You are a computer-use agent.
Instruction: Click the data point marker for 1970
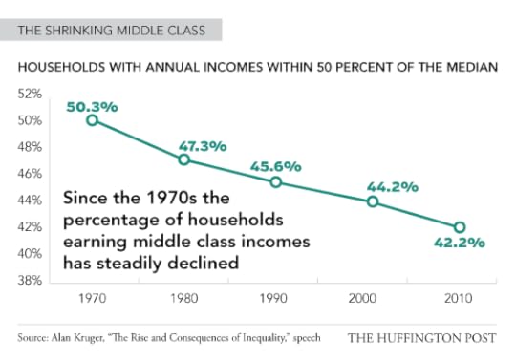tap(93, 120)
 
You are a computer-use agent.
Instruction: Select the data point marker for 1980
tap(184, 159)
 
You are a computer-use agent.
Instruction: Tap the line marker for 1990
tap(276, 182)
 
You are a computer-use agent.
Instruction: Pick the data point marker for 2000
tap(373, 201)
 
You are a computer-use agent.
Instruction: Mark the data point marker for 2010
tap(460, 227)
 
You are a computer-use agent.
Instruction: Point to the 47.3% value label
tap(202, 146)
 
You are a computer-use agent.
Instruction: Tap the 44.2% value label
tap(393, 186)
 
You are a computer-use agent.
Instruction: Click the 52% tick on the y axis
tap(32, 95)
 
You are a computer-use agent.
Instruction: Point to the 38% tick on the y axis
tap(32, 281)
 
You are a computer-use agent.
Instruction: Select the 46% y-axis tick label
tap(32, 175)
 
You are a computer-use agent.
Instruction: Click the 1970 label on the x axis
tap(93, 298)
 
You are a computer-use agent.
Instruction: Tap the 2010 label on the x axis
tap(460, 298)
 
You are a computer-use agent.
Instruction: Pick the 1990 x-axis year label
tap(276, 298)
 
